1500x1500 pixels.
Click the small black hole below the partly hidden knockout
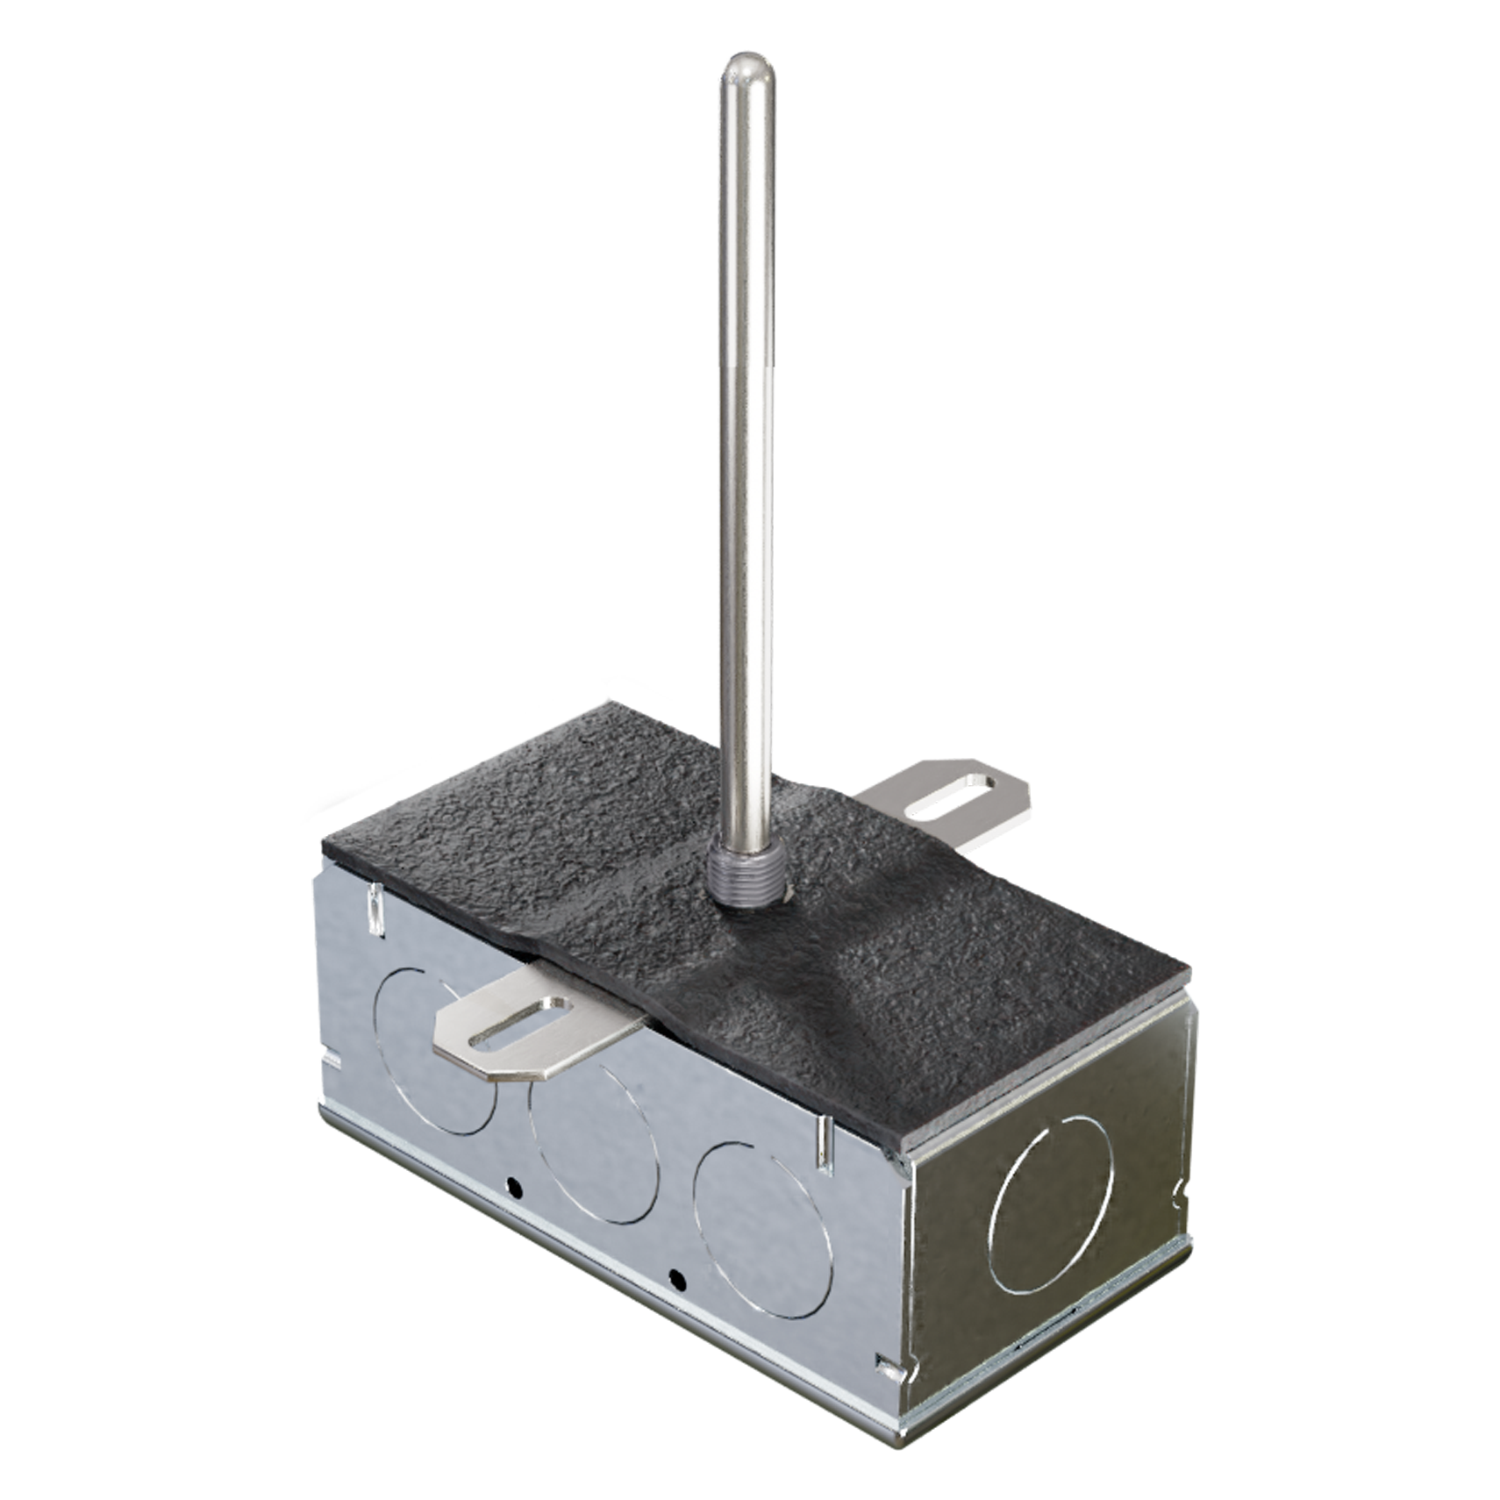coord(515,1189)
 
